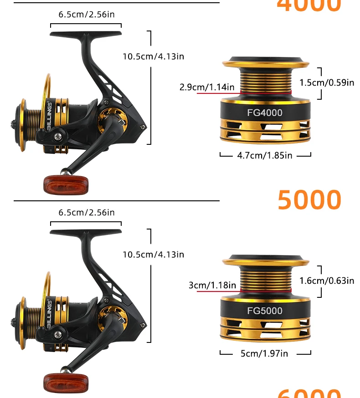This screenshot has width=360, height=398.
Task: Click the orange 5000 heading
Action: click(309, 200)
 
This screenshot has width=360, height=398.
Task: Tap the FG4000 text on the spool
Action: click(265, 113)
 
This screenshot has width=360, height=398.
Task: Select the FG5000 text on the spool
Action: click(265, 311)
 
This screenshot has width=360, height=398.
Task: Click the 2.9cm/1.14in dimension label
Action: click(207, 87)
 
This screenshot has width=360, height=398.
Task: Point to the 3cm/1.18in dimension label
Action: click(212, 286)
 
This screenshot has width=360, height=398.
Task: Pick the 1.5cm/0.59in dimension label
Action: click(327, 82)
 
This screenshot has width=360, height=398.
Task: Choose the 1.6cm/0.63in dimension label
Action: click(327, 281)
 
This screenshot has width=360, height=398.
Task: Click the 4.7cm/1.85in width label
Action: click(265, 155)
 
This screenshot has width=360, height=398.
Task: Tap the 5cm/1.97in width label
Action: click(264, 353)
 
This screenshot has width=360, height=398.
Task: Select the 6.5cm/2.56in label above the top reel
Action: click(87, 15)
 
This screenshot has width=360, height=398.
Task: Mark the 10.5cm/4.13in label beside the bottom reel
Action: click(153, 255)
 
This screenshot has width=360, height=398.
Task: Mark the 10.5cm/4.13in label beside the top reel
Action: click(153, 56)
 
